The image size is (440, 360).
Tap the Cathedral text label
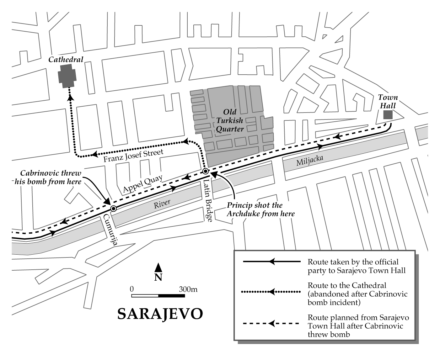click(x=66, y=59)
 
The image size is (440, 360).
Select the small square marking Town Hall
click(x=388, y=115)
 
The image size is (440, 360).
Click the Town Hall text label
click(x=388, y=101)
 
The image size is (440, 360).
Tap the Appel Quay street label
click(x=143, y=184)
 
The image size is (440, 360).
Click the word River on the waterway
click(x=162, y=204)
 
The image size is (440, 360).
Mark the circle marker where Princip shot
click(x=205, y=171)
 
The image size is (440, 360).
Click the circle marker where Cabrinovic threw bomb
click(x=113, y=209)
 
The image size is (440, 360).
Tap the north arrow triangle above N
click(x=158, y=267)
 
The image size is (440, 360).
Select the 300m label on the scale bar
click(x=188, y=289)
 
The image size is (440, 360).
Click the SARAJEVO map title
click(x=160, y=314)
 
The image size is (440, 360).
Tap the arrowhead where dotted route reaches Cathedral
click(x=70, y=98)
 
